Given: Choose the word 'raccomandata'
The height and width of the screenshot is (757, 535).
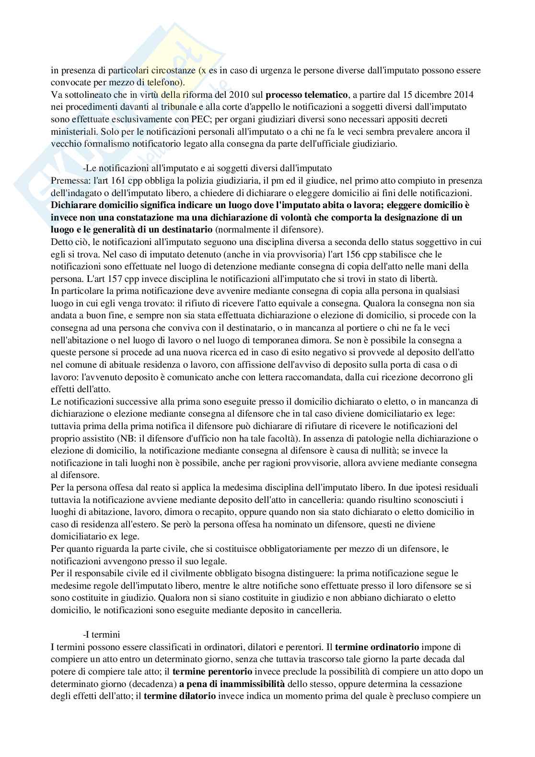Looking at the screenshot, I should click(316, 376).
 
